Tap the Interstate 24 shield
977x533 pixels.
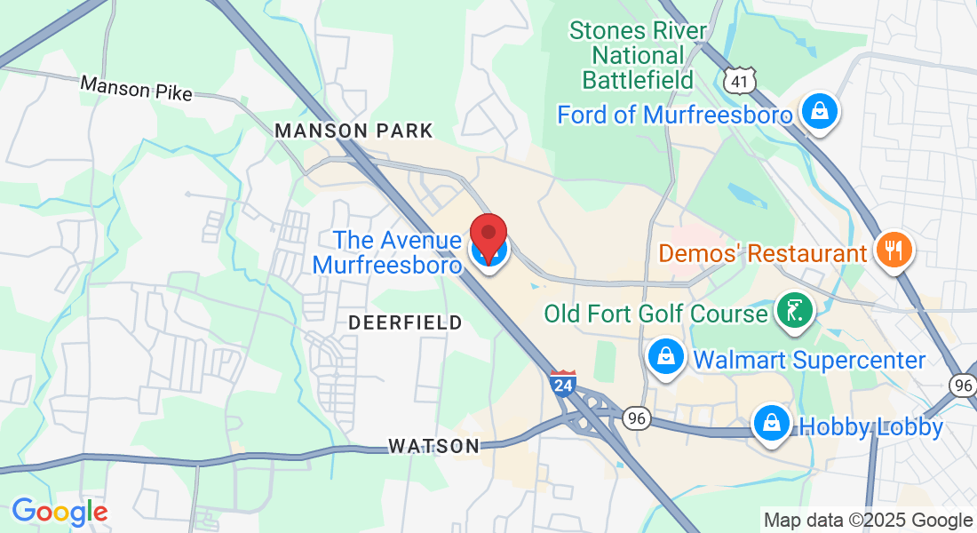[562, 383]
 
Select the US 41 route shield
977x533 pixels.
[739, 82]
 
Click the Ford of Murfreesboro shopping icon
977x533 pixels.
[815, 112]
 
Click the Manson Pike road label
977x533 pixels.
[135, 88]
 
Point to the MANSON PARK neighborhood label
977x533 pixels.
[353, 131]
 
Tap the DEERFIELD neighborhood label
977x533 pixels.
[405, 322]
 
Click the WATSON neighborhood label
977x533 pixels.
[434, 446]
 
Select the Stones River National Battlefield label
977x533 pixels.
[638, 55]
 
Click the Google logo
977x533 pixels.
[60, 512]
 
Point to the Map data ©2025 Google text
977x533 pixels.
[868, 521]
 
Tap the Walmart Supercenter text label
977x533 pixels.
[809, 360]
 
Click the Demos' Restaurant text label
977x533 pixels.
[762, 254]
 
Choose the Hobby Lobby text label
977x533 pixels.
[871, 426]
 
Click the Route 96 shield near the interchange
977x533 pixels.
[636, 418]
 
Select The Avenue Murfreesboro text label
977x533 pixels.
[387, 252]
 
